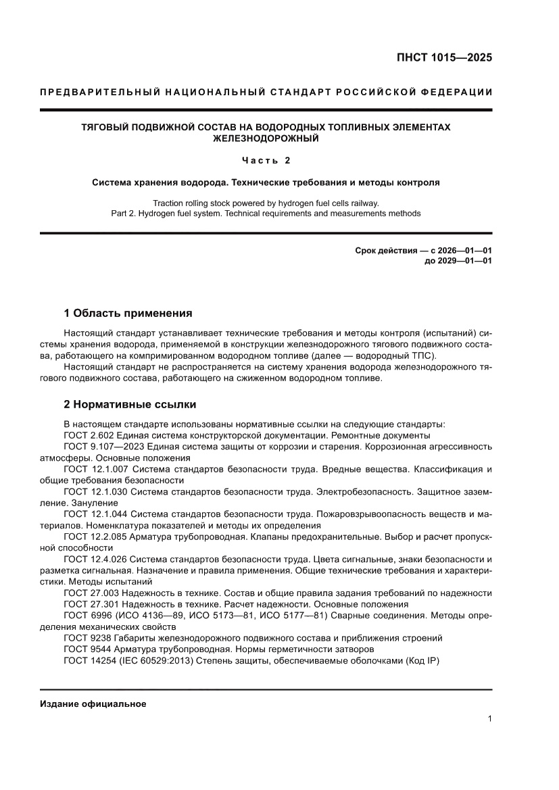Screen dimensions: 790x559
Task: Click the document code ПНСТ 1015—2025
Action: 443,57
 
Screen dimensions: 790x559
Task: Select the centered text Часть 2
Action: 266,160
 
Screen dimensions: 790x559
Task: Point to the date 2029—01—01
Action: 464,261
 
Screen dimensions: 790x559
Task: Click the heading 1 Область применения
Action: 128,314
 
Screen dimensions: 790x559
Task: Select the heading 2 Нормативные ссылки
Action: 130,404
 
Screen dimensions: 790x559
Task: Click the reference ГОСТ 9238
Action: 87,638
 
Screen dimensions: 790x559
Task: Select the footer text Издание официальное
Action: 93,704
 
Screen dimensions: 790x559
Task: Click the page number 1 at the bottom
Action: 489,719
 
